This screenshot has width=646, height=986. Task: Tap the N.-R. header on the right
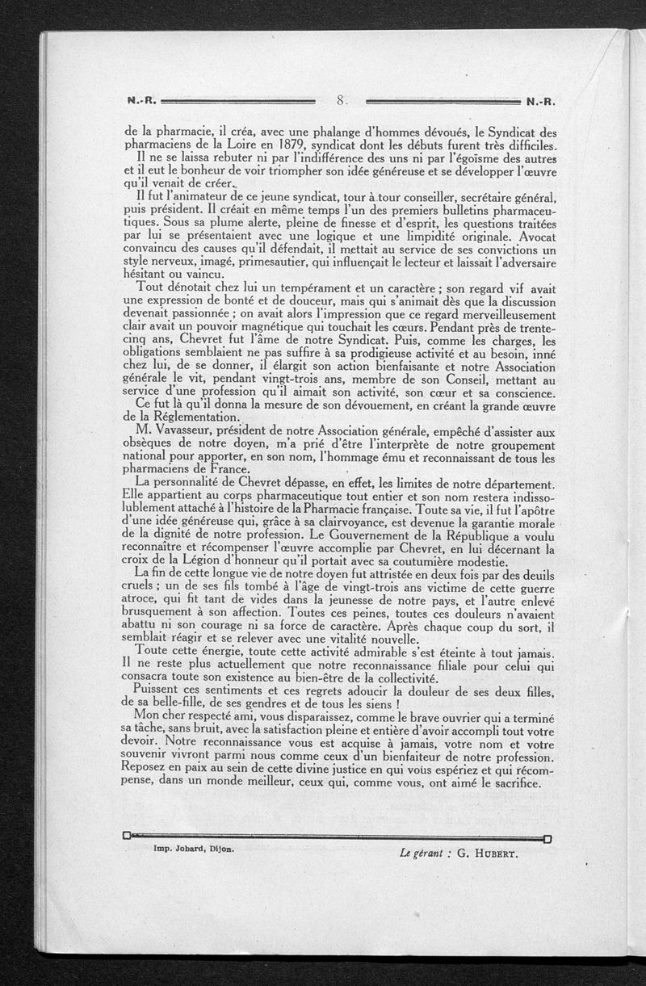point(542,103)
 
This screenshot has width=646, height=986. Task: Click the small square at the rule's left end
point(127,835)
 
